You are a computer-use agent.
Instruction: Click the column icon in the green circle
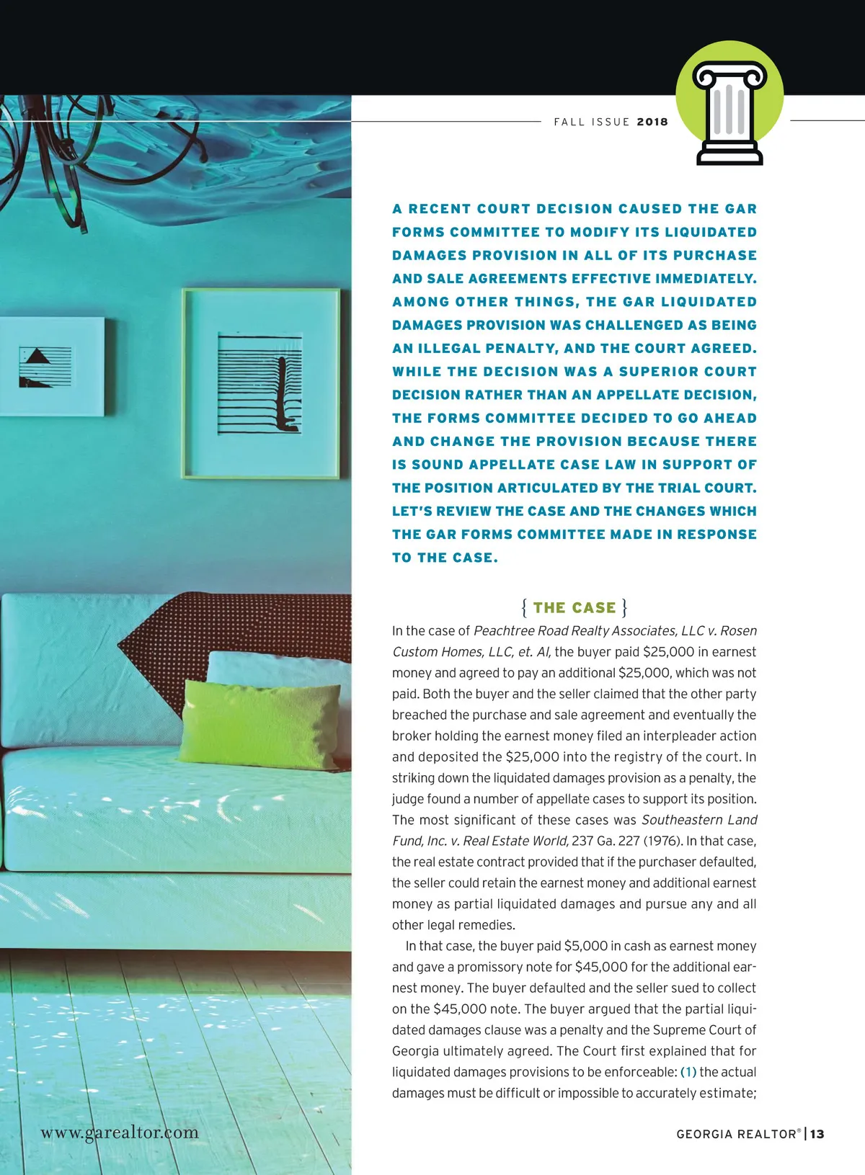(729, 112)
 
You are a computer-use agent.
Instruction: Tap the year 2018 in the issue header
(652, 122)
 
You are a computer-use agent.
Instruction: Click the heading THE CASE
(575, 607)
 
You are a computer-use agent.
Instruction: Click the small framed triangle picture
(49, 366)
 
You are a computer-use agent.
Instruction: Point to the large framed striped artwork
(260, 383)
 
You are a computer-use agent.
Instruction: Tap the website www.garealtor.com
(120, 1132)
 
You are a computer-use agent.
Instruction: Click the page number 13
(817, 1134)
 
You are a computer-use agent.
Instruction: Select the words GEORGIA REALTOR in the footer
(738, 1134)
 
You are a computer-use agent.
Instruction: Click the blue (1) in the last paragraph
(688, 1072)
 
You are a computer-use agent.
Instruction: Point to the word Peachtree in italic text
(502, 631)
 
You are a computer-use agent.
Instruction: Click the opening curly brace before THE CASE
(524, 607)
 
